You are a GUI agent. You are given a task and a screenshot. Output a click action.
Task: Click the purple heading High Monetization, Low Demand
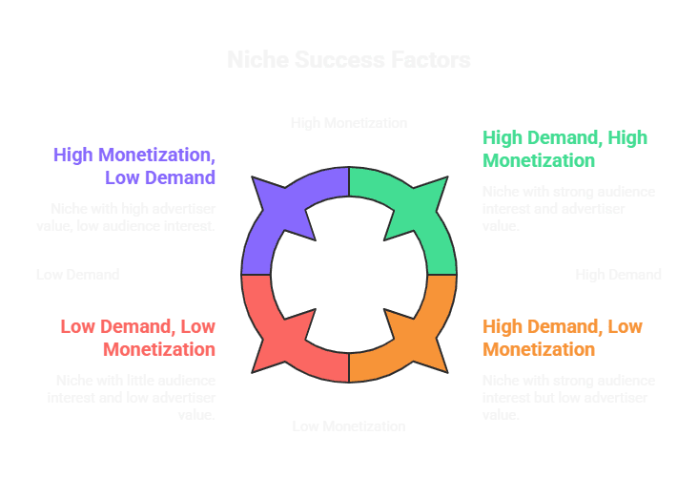point(134,165)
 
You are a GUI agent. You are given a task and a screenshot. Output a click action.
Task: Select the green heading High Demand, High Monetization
point(565,148)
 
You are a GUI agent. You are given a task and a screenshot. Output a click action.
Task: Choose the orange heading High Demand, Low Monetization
point(563,338)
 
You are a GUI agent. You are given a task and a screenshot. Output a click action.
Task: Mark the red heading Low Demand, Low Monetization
point(138,338)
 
